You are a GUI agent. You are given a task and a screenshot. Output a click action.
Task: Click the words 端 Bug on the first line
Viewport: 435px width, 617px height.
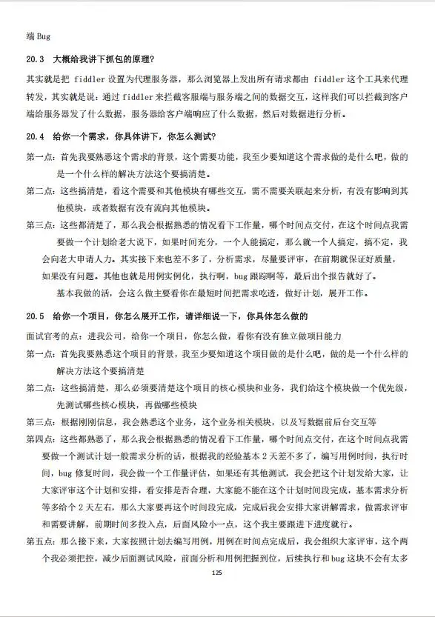click(x=38, y=36)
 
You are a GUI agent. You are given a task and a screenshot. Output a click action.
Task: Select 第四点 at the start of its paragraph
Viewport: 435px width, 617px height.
click(x=40, y=439)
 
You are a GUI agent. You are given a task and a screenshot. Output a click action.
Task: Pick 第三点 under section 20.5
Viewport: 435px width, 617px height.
click(x=40, y=422)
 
